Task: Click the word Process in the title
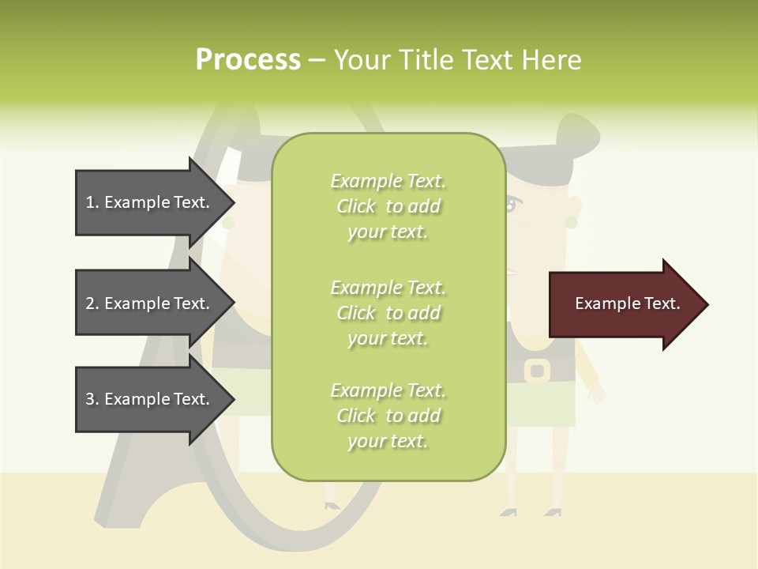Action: pos(248,60)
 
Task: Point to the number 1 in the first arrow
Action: pos(91,202)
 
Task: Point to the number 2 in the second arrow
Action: pos(91,303)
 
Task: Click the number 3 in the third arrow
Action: pos(91,399)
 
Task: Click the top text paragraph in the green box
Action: pos(388,206)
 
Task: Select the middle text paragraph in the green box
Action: pos(388,313)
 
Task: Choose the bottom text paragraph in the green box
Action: pos(388,416)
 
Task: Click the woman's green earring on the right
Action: pos(571,221)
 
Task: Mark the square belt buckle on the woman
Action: pos(537,369)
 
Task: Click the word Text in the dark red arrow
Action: pos(662,303)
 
